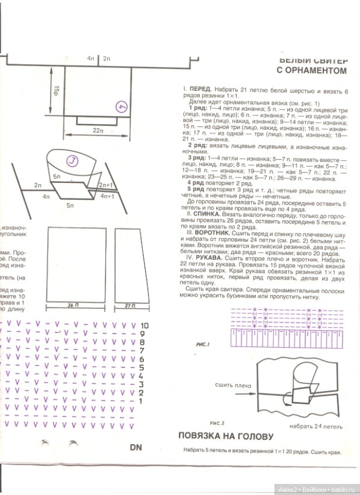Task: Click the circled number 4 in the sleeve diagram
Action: coord(121,107)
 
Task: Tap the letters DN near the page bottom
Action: coord(136,448)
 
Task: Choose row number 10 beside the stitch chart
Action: coord(144,326)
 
